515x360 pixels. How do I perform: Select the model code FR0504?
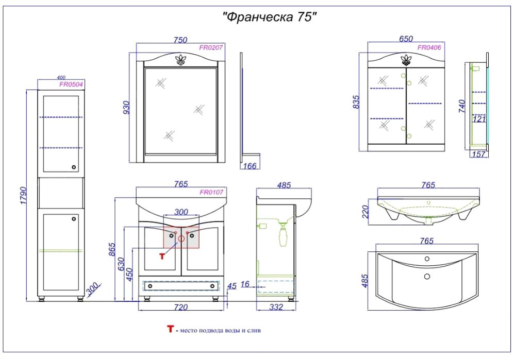[x=71, y=84]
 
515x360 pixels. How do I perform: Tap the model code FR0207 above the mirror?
[x=211, y=47]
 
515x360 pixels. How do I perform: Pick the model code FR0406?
[x=429, y=47]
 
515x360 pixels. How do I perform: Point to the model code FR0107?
[x=211, y=192]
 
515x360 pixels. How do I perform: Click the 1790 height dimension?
[x=24, y=196]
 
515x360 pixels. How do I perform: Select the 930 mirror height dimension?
[x=126, y=108]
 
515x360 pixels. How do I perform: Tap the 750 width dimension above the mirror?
[x=180, y=40]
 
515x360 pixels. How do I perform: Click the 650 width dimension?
[x=406, y=39]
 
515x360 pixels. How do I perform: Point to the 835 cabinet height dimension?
[x=356, y=102]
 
